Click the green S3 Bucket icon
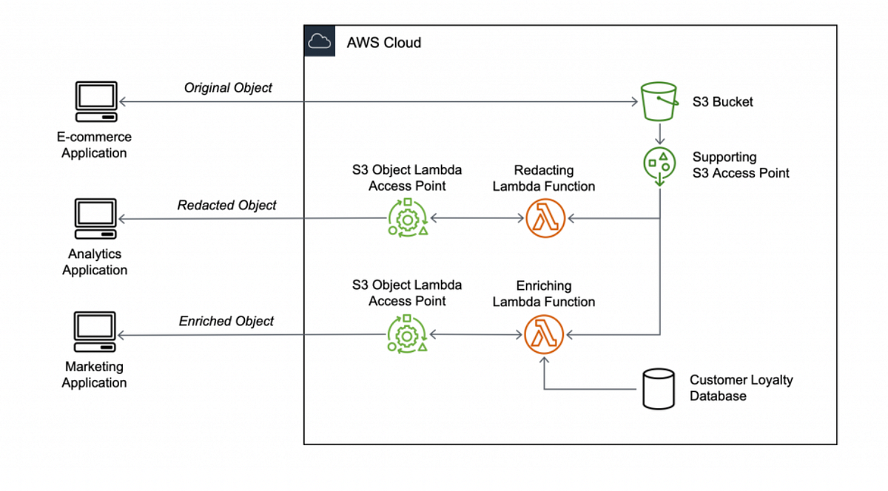tap(659, 101)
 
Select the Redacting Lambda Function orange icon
tap(545, 219)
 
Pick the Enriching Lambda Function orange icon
tap(545, 335)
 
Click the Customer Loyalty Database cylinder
tap(658, 389)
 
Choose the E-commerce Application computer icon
tap(95, 103)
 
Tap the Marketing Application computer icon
tap(95, 333)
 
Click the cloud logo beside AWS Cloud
tap(320, 41)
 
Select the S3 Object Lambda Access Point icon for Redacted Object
tap(407, 219)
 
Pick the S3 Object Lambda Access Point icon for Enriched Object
tap(407, 335)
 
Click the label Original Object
tap(228, 88)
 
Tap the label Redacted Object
tap(226, 206)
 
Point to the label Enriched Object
tap(226, 322)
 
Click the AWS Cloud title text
tap(383, 43)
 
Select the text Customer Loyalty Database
tap(741, 388)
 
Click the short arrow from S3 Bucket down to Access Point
tap(659, 133)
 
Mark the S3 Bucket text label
tap(722, 102)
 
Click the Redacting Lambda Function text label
tap(544, 178)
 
